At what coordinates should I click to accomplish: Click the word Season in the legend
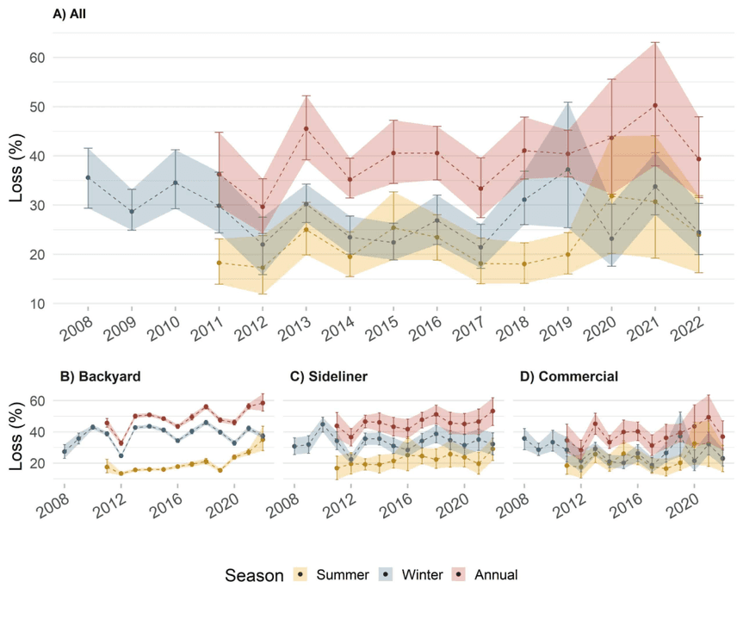[254, 574]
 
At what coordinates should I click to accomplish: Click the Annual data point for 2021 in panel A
[655, 105]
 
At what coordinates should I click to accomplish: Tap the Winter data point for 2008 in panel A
[88, 177]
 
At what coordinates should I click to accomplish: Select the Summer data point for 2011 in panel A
[219, 263]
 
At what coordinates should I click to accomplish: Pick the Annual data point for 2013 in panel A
[306, 128]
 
